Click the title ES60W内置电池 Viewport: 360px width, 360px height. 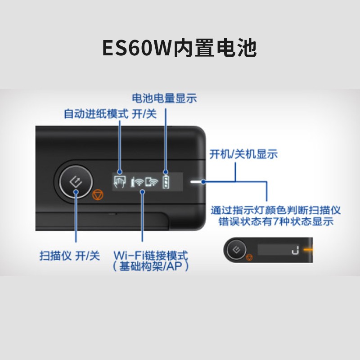point(179,48)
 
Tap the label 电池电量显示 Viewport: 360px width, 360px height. point(164,98)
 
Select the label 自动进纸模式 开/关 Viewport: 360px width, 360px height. point(110,114)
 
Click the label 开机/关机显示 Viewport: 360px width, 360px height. point(243,154)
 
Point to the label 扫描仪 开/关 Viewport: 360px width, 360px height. point(70,256)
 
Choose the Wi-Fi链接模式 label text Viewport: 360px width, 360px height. point(151,255)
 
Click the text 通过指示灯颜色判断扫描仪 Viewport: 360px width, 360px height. point(275,210)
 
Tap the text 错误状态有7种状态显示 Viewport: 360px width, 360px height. point(276,221)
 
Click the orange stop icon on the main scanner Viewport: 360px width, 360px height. point(98,195)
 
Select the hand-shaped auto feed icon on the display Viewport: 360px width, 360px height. point(120,182)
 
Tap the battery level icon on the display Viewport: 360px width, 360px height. point(166,182)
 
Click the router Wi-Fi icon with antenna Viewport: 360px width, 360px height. point(137,182)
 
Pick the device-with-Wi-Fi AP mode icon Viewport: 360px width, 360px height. point(152,182)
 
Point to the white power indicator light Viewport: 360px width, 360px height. point(196,182)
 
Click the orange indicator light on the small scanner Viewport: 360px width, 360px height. point(308,249)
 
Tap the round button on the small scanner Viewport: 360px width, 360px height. point(236,250)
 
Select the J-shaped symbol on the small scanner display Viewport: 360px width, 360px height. point(295,250)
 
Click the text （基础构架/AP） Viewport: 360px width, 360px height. point(151,266)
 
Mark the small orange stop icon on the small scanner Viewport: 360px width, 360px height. point(249,257)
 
